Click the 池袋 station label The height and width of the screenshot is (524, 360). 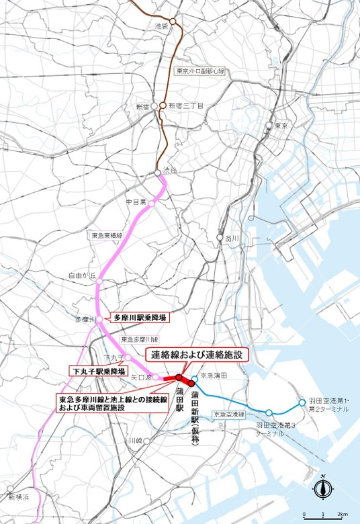(160, 26)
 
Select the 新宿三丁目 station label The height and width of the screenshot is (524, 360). (186, 105)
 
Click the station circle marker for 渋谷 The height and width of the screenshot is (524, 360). (159, 173)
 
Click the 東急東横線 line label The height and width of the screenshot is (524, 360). (107, 236)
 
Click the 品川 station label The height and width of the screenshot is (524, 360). (232, 238)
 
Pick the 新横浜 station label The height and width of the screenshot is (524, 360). (20, 497)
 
